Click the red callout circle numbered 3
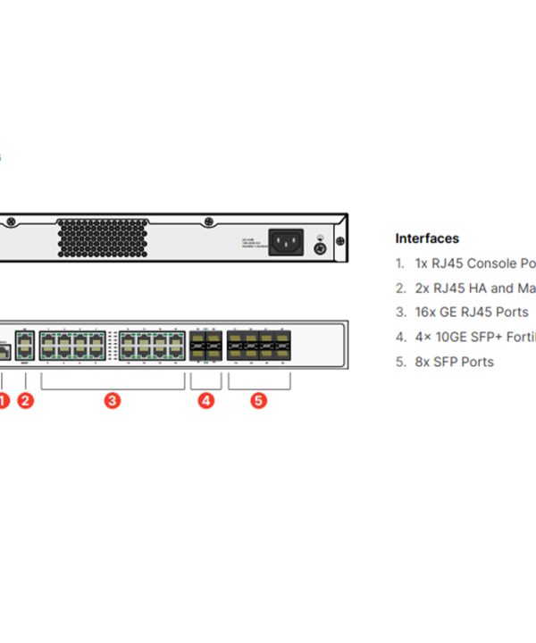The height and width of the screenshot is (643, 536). pyautogui.click(x=113, y=401)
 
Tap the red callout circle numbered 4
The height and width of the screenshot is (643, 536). pyautogui.click(x=206, y=401)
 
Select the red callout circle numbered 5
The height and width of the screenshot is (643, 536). pyautogui.click(x=258, y=401)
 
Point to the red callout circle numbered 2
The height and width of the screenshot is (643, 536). pyautogui.click(x=25, y=401)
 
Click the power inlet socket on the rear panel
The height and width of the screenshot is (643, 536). pyautogui.click(x=286, y=242)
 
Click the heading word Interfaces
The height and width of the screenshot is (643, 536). pyautogui.click(x=427, y=238)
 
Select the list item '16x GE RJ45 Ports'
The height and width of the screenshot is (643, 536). pyautogui.click(x=471, y=313)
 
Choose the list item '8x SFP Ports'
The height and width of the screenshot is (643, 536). pyautogui.click(x=454, y=362)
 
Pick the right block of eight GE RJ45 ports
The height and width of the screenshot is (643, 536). pyautogui.click(x=152, y=344)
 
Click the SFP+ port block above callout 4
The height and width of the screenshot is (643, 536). pyautogui.click(x=205, y=344)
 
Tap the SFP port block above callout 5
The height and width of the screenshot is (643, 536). pyautogui.click(x=259, y=344)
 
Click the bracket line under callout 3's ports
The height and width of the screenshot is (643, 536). pyautogui.click(x=113, y=387)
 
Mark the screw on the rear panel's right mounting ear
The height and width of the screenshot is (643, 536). pyautogui.click(x=339, y=241)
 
